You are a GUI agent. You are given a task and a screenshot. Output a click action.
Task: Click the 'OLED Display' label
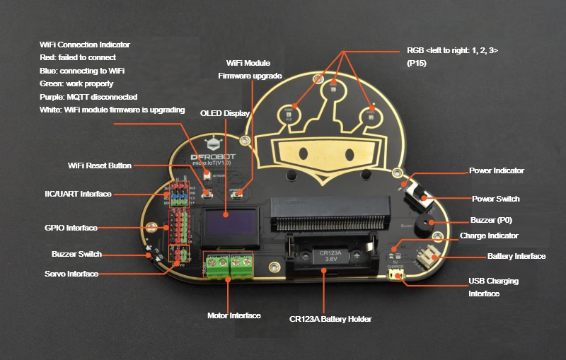225,113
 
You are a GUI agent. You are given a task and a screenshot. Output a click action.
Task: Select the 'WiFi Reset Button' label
100,166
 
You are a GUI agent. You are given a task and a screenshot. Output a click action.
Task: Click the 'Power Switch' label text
495,199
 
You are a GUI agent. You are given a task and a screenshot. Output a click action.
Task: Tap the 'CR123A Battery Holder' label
330,319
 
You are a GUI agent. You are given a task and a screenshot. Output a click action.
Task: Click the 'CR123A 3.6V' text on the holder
330,255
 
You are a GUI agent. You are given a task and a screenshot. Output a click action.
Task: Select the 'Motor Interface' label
233,315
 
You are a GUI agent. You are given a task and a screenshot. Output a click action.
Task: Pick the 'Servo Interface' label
71,274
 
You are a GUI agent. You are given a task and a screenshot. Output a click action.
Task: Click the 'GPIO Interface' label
70,228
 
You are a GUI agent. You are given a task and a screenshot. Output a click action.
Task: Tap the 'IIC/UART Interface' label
78,194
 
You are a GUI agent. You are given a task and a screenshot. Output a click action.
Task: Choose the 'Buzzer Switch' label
76,254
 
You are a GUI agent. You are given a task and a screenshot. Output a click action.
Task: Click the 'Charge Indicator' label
489,236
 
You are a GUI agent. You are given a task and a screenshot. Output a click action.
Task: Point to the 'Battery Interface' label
516,256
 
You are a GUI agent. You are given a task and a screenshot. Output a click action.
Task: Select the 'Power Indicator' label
496,170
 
